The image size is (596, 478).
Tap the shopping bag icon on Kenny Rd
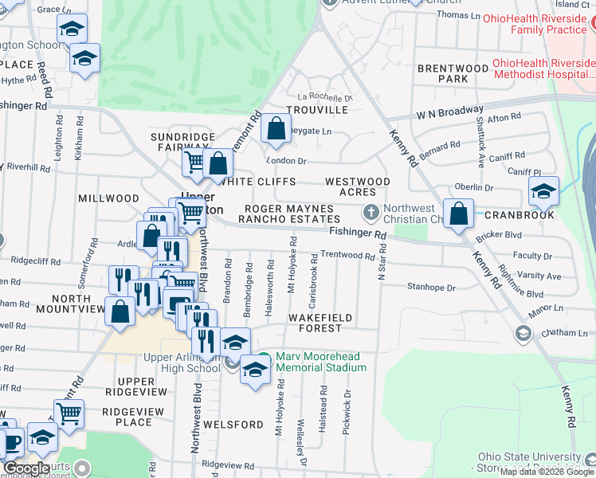coord(459,214)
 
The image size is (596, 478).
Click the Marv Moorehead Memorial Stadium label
coord(321,362)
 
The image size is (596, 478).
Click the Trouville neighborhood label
coord(317,109)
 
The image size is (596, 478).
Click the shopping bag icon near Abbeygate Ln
coord(276,128)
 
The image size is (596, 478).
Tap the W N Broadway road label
coord(449,111)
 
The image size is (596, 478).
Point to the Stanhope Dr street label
coord(430,287)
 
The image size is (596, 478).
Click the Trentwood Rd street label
coord(347,256)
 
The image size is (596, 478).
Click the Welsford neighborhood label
coord(233,425)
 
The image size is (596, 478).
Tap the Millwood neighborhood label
coord(108,198)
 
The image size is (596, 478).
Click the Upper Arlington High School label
coord(182,362)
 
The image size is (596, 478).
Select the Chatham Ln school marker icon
coord(523,332)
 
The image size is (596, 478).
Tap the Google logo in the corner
coord(27,469)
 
